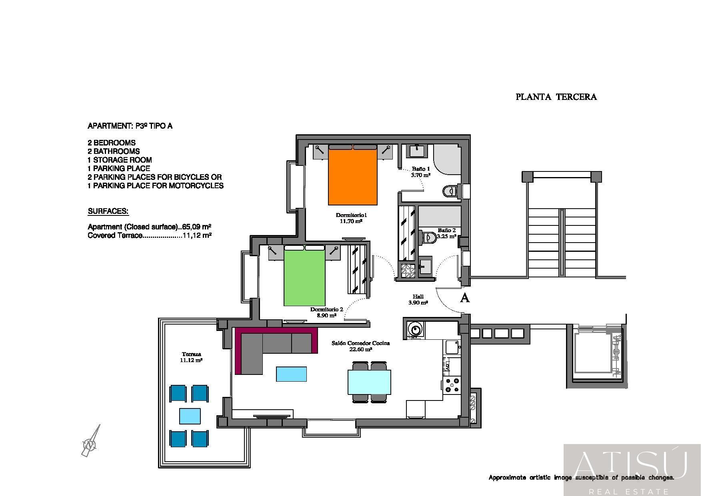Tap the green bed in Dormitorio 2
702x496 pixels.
(304, 276)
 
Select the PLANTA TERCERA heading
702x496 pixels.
(556, 97)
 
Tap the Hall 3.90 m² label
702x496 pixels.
(418, 300)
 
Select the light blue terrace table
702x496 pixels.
(190, 416)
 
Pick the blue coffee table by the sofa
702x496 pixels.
(292, 374)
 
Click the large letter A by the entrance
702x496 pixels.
(465, 298)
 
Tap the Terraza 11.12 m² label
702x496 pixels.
(191, 357)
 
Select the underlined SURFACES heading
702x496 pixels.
(108, 211)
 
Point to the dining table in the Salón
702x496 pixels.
(369, 382)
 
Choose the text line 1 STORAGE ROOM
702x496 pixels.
(120, 160)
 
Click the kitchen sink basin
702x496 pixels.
(452, 347)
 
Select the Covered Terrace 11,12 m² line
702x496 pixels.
(150, 235)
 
